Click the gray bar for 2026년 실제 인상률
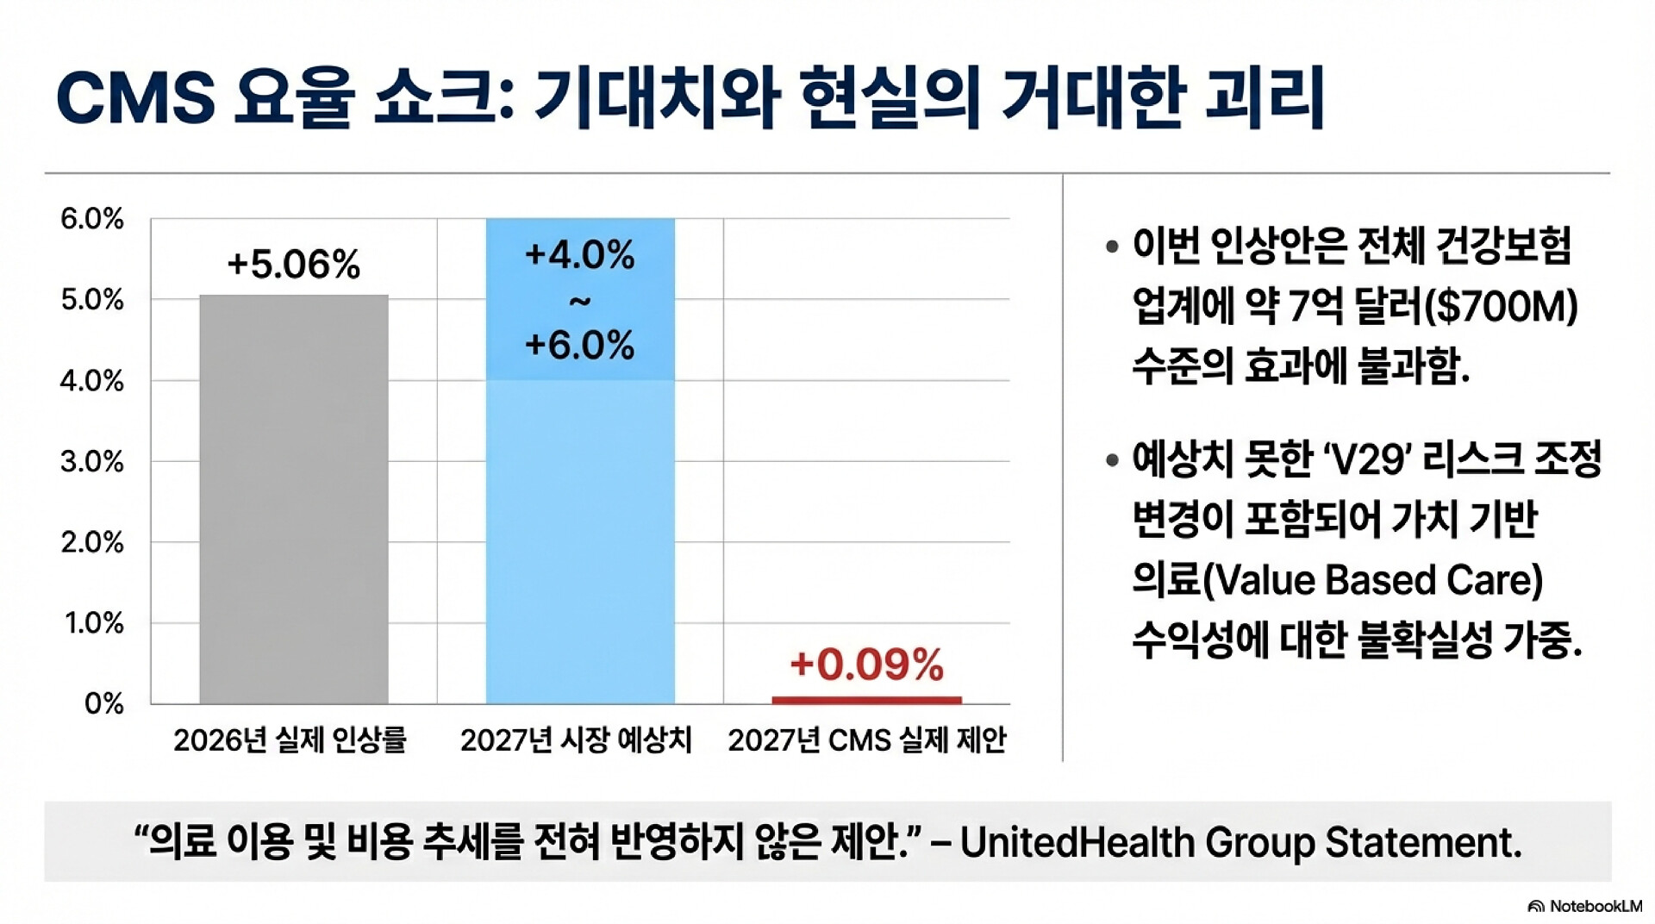(x=294, y=499)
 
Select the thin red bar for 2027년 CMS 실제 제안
(x=866, y=700)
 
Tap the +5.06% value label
(x=293, y=264)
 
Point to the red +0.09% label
(x=866, y=665)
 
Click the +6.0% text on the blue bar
(x=579, y=345)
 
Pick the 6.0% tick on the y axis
(x=92, y=219)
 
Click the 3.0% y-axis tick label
(x=92, y=462)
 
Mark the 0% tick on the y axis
(x=104, y=704)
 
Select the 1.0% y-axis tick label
(x=94, y=623)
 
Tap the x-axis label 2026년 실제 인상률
(x=290, y=740)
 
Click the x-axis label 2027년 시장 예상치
(x=576, y=740)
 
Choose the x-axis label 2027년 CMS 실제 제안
(x=866, y=740)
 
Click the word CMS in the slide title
(x=135, y=97)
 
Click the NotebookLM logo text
(x=1596, y=906)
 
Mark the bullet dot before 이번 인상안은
(x=1112, y=247)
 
